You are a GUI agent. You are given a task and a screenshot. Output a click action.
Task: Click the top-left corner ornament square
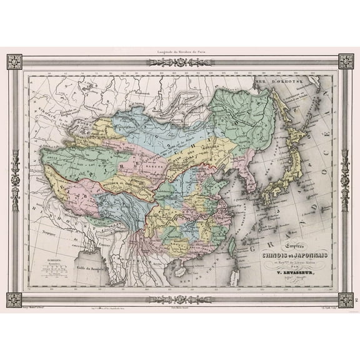(14, 62)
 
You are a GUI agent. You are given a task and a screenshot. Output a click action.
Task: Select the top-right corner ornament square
(346, 62)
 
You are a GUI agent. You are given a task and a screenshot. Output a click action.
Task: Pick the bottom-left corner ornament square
(14, 299)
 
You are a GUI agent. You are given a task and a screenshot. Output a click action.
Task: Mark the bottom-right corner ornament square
(346, 299)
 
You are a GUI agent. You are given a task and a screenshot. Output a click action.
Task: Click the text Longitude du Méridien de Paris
(180, 53)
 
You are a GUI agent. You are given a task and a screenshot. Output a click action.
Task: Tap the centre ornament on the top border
(180, 62)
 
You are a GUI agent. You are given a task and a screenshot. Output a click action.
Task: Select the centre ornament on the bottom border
(180, 299)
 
